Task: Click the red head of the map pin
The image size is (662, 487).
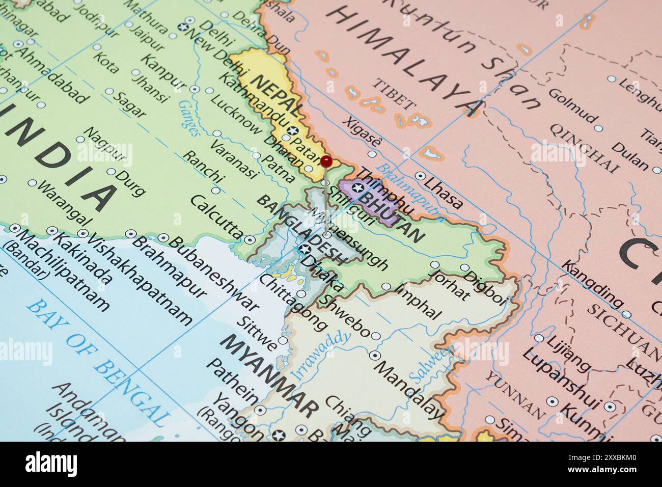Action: pyautogui.click(x=326, y=161)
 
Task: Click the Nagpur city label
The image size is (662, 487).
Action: pyautogui.click(x=104, y=145)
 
